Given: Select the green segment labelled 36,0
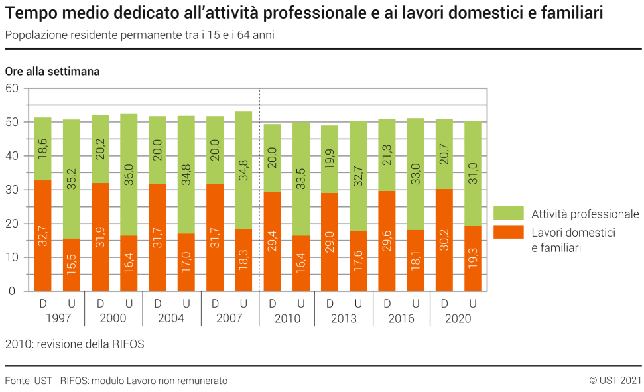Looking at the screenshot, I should point(129,174).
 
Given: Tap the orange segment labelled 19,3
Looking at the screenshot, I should point(473,258).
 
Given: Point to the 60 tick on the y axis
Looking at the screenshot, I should point(12,88).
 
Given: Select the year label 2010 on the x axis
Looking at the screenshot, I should point(287,319).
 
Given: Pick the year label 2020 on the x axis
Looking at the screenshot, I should point(458,319).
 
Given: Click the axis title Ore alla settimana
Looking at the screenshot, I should point(52,72).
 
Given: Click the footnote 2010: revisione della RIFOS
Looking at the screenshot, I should point(74,344).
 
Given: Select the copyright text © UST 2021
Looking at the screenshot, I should point(615,381).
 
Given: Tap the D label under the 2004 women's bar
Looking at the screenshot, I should point(158,304).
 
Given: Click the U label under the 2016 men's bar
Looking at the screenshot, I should point(416,304).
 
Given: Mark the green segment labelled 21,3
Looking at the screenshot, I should point(387,155).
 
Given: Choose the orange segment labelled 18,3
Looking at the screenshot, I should point(243,259).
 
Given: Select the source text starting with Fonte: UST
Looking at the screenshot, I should point(116,381).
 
